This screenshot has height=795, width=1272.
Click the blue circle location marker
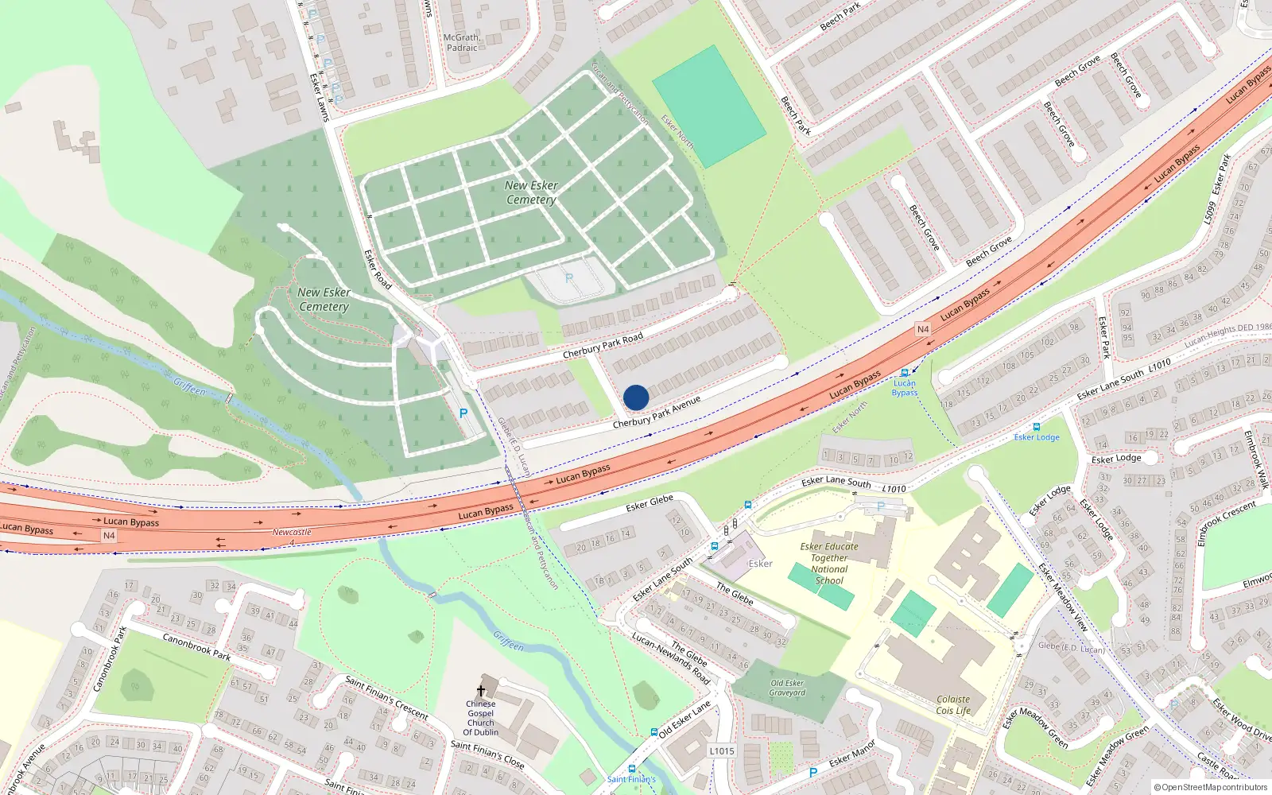pyautogui.click(x=636, y=397)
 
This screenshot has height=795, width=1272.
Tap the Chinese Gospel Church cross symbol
pyautogui.click(x=480, y=691)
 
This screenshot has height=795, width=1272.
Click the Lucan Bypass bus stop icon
pyautogui.click(x=904, y=373)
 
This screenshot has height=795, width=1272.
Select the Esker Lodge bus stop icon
pyautogui.click(x=1036, y=427)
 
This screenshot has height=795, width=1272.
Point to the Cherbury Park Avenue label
pyautogui.click(x=657, y=413)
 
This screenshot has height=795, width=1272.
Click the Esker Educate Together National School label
pyautogui.click(x=829, y=563)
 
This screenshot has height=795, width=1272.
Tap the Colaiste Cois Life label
pyautogui.click(x=953, y=705)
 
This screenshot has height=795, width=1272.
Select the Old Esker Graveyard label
pyautogui.click(x=787, y=688)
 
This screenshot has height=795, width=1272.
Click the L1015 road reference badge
pyautogui.click(x=721, y=750)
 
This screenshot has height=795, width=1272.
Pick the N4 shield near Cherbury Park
pyautogui.click(x=922, y=329)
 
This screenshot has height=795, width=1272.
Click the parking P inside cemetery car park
pyautogui.click(x=568, y=278)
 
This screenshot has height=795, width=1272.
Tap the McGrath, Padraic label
pyautogui.click(x=462, y=42)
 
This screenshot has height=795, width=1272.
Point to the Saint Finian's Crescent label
pyautogui.click(x=386, y=697)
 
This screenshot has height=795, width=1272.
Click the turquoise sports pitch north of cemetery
pyautogui.click(x=709, y=107)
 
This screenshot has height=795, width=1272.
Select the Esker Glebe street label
pyautogui.click(x=650, y=502)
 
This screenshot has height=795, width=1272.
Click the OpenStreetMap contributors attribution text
pyautogui.click(x=1211, y=787)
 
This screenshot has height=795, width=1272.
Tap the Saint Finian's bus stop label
pyautogui.click(x=631, y=779)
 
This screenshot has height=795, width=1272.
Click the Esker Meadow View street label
pyautogui.click(x=1063, y=596)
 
